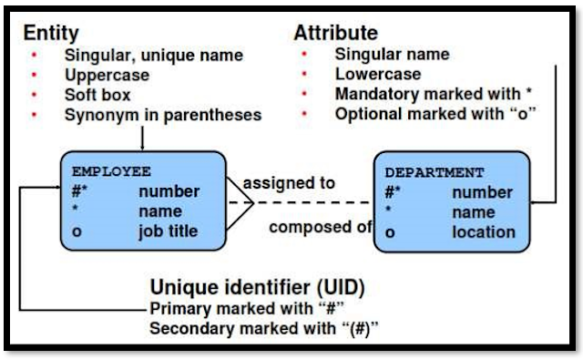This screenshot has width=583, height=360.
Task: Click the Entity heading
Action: tap(51, 33)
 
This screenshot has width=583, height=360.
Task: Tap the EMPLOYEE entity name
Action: tap(111, 171)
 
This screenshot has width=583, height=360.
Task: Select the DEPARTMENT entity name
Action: tap(435, 172)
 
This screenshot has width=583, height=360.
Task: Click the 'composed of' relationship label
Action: tap(320, 227)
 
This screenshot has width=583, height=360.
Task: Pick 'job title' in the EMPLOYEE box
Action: tap(169, 231)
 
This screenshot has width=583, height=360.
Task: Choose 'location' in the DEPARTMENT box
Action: tap(483, 231)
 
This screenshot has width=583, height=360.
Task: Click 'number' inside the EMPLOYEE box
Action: tap(169, 191)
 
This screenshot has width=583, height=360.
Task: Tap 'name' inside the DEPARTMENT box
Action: tap(473, 212)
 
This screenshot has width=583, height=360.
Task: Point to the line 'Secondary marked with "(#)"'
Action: tap(264, 328)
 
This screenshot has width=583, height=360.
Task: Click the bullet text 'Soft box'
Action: tap(97, 95)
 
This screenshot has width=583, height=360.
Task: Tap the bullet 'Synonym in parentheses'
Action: tap(163, 115)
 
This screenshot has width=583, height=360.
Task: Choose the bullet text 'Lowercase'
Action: tap(378, 75)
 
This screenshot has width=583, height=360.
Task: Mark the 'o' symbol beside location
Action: tap(389, 231)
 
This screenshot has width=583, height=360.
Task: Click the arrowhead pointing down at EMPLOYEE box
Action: tap(144, 146)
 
